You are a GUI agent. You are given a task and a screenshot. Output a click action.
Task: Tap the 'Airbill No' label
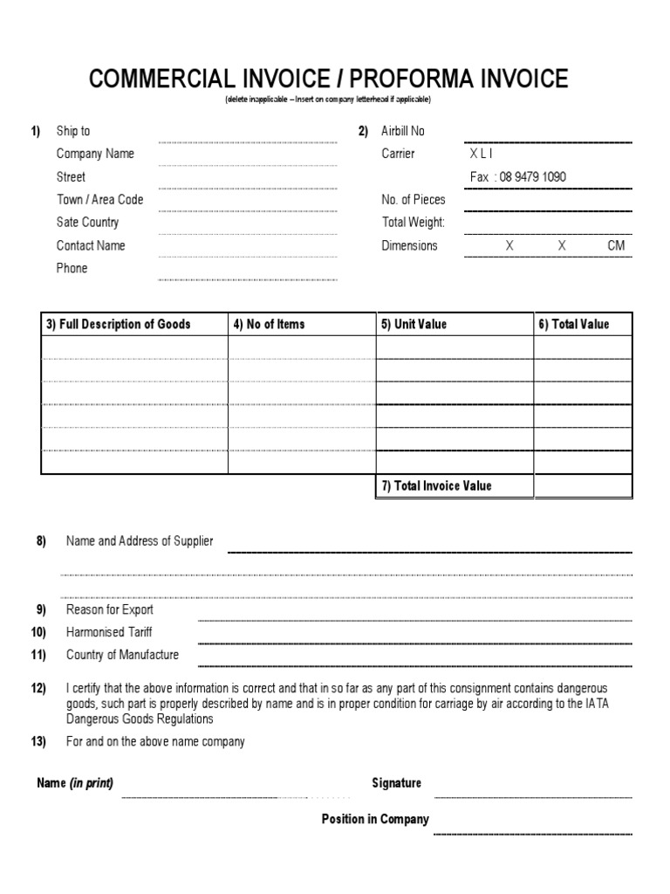click(x=403, y=131)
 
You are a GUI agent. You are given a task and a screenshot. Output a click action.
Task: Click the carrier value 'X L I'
click(x=482, y=154)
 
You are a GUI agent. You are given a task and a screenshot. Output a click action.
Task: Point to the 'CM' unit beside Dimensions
click(x=616, y=246)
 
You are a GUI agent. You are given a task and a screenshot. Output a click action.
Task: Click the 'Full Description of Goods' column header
click(x=118, y=325)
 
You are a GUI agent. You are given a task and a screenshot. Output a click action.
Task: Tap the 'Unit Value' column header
click(x=413, y=325)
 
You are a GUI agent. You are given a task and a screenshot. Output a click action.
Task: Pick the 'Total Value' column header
click(x=573, y=325)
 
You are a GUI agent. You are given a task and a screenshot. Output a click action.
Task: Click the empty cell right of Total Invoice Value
click(x=583, y=486)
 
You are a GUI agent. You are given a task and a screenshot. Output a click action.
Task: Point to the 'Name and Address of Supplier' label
click(x=140, y=541)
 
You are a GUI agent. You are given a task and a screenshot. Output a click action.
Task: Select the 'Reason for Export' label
click(x=110, y=609)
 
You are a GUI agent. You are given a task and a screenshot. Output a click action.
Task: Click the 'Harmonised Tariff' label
click(x=109, y=632)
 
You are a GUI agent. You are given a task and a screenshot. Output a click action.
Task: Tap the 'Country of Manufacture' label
click(x=122, y=655)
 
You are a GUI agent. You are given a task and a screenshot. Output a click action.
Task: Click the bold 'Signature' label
click(x=397, y=783)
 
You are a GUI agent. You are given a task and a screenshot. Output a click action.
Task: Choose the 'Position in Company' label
click(x=375, y=819)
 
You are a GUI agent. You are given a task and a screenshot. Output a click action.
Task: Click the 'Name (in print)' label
click(x=75, y=783)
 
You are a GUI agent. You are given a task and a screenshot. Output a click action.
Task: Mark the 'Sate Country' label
click(x=88, y=223)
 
